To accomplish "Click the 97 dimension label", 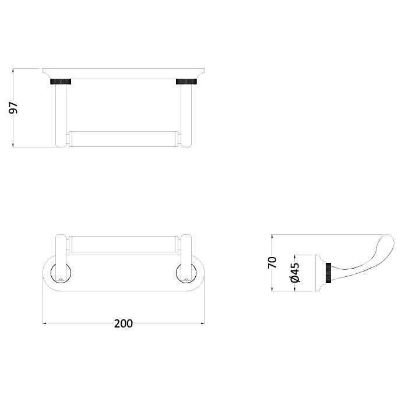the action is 13,108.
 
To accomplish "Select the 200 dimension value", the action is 124,323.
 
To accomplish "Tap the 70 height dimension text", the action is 272,262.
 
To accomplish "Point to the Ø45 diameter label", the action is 295,272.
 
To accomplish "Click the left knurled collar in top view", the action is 61,82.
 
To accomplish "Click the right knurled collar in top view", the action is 186,82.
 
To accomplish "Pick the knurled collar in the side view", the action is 328,273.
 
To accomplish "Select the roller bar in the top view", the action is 124,139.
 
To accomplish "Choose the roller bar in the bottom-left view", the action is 124,244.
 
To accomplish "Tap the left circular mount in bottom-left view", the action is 61,273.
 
